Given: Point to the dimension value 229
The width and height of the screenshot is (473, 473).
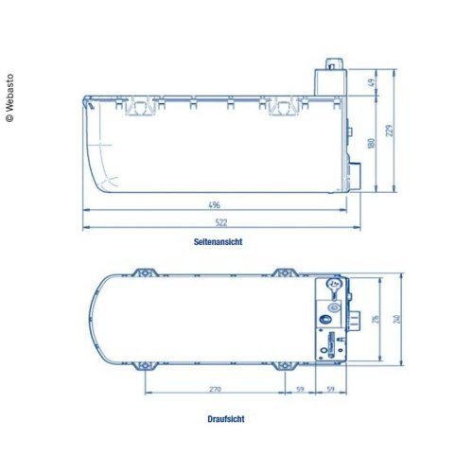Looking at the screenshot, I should click(x=389, y=130).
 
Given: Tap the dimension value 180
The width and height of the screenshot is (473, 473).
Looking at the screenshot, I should click(x=372, y=143).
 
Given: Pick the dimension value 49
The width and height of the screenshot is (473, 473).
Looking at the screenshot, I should click(x=372, y=82).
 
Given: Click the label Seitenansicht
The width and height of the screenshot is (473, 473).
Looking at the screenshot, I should click(x=218, y=242).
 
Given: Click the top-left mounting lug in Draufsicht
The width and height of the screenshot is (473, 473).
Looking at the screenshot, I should click(x=144, y=272).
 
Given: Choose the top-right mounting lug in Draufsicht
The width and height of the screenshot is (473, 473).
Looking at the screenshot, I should click(x=283, y=272).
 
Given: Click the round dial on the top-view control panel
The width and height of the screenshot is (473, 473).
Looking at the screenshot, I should click(x=332, y=285).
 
